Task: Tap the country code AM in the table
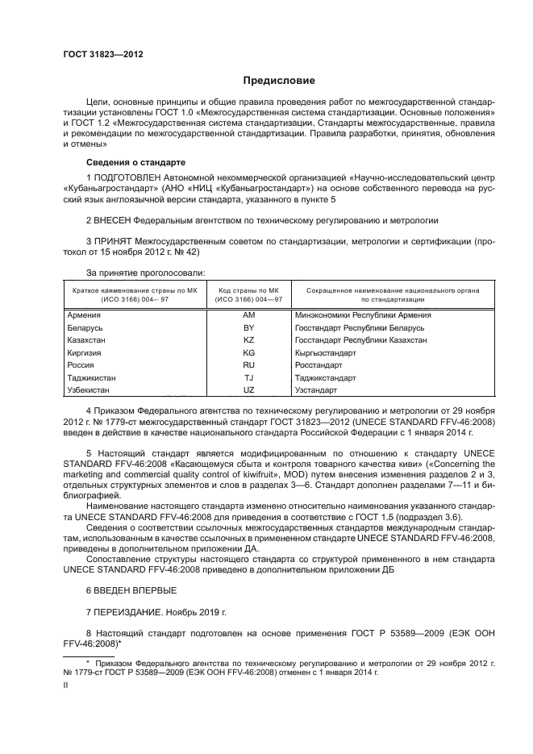click(x=248, y=315)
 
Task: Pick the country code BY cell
click(x=248, y=328)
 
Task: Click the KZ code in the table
click(x=248, y=340)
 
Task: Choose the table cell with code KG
click(x=248, y=353)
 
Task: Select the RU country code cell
click(x=248, y=365)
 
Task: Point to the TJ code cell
click(x=248, y=378)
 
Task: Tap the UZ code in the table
click(x=248, y=390)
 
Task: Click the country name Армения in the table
click(x=84, y=315)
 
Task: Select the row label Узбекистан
click(x=90, y=390)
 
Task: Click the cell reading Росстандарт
click(x=319, y=365)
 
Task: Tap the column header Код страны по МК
click(x=248, y=290)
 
